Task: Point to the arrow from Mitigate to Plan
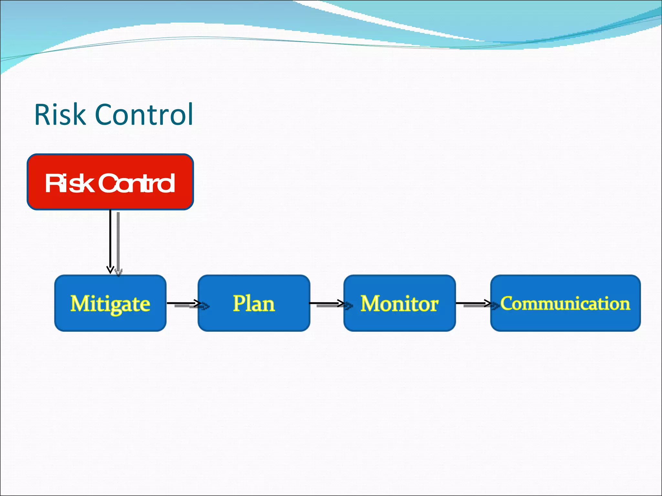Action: [183, 303]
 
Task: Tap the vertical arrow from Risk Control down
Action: [110, 239]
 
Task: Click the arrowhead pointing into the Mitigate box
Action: [110, 270]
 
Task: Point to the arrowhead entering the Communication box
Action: [488, 303]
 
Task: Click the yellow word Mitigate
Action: [110, 304]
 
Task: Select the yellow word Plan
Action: [254, 303]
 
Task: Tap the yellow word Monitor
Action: [400, 304]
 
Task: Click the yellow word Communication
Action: [565, 303]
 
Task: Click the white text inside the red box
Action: [110, 183]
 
